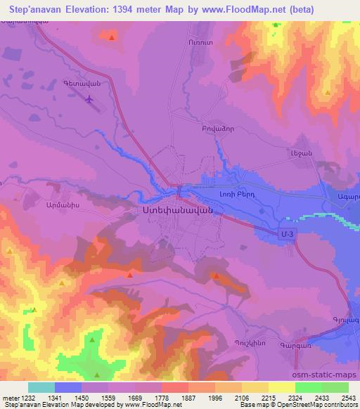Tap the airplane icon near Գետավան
[x=89, y=100]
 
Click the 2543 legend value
[x=345, y=398]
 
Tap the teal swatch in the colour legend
[x=41, y=387]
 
